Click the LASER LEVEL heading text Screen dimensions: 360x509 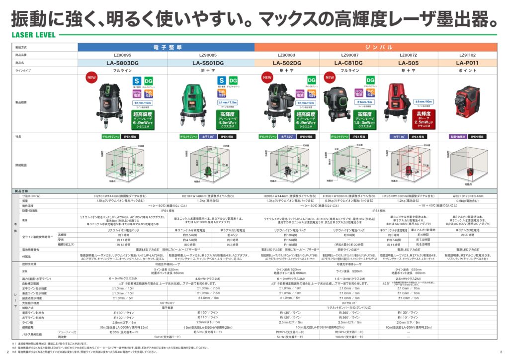point(31,35)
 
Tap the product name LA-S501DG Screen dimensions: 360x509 point(208,63)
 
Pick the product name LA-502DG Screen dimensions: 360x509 point(287,63)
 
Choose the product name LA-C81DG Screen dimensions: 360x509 point(348,63)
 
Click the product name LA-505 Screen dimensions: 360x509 point(409,63)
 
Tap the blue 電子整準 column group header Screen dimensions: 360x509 point(167,47)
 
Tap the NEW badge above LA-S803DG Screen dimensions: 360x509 point(91,78)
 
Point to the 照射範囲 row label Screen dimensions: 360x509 point(21,165)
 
